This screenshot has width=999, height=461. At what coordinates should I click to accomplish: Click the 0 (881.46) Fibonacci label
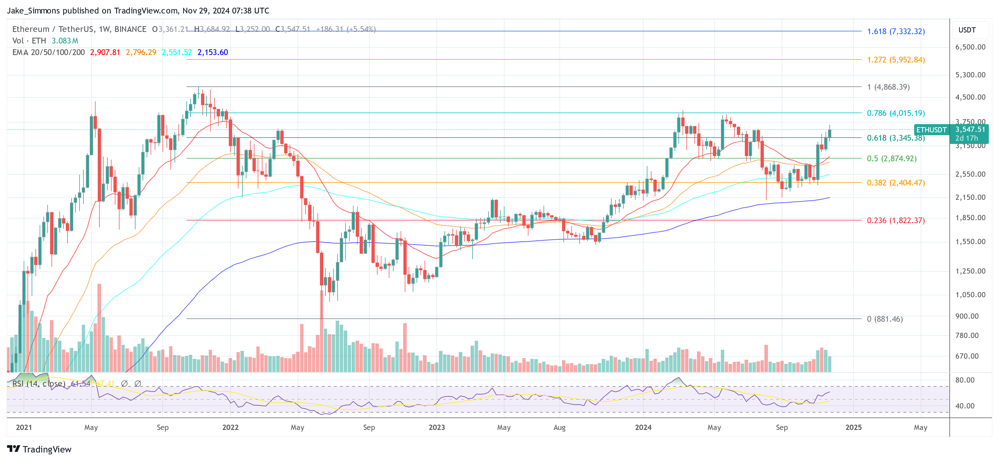click(885, 319)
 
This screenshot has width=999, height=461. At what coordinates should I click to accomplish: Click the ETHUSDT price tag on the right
click(931, 130)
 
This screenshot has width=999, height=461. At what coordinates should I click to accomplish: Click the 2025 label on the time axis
click(853, 427)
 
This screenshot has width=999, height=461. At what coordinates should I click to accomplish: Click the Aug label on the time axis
click(559, 427)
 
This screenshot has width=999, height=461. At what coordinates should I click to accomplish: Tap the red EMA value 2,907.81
click(105, 52)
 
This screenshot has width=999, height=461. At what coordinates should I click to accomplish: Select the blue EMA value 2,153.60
click(213, 52)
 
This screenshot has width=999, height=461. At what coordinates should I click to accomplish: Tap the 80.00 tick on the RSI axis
click(965, 380)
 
